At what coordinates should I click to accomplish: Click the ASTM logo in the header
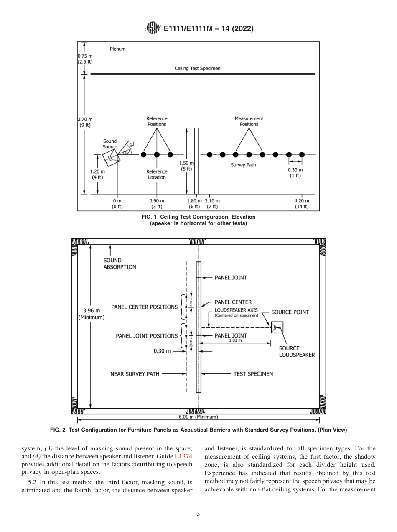tap(153, 28)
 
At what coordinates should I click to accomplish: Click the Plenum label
tap(117, 49)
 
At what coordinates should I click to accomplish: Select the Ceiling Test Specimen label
tap(197, 68)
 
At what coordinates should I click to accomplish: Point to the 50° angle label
tap(132, 145)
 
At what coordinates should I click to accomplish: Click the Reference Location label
tap(157, 174)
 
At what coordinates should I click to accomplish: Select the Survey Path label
tap(243, 165)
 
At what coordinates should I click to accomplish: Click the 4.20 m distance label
tap(302, 201)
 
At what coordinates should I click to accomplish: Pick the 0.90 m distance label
tap(157, 201)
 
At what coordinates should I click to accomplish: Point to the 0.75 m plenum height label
tap(85, 56)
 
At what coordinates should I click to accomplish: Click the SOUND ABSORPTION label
tap(120, 263)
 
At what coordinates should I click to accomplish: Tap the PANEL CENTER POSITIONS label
tap(144, 307)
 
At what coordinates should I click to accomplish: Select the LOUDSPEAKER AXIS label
tap(236, 310)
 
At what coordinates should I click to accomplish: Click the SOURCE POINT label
tap(290, 312)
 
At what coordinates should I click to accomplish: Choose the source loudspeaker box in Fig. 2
tap(277, 327)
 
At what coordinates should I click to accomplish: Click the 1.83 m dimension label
tap(235, 341)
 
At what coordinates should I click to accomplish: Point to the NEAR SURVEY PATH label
tap(135, 374)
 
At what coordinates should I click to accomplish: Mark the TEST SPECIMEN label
tap(253, 374)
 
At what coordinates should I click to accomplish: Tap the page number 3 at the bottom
tap(198, 514)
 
